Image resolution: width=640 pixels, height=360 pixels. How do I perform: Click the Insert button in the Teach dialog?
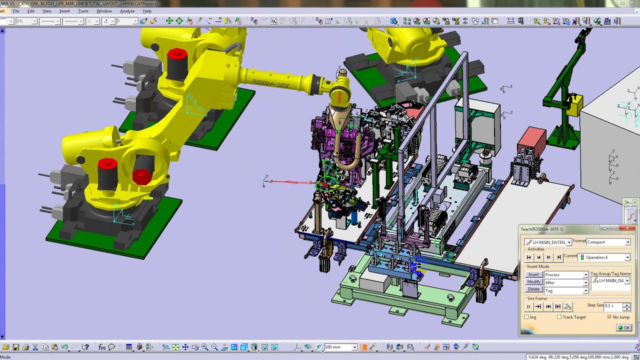pyautogui.click(x=533, y=274)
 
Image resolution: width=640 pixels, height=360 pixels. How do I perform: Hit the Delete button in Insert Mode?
pyautogui.click(x=533, y=289)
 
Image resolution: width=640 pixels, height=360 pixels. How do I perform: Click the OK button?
pyautogui.click(x=624, y=328)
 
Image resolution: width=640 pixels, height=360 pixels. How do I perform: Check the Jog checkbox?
pyautogui.click(x=526, y=317)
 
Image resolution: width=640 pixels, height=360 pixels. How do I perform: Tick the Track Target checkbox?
pyautogui.click(x=559, y=317)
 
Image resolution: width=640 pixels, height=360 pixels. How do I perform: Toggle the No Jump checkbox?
pyautogui.click(x=609, y=317)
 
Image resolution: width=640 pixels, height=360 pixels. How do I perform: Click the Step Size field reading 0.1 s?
pyautogui.click(x=612, y=306)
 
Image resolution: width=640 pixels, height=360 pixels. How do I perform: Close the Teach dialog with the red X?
pyautogui.click(x=627, y=228)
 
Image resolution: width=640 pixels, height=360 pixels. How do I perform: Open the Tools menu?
pyautogui.click(x=83, y=11)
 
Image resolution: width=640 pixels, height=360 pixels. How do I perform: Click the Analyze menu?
pyautogui.click(x=127, y=11)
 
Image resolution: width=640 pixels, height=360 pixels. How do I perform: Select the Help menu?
pyautogui.click(x=147, y=11)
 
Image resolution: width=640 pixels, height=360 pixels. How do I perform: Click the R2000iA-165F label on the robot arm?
pyautogui.click(x=270, y=84)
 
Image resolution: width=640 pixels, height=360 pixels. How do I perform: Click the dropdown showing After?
pyautogui.click(x=566, y=282)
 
